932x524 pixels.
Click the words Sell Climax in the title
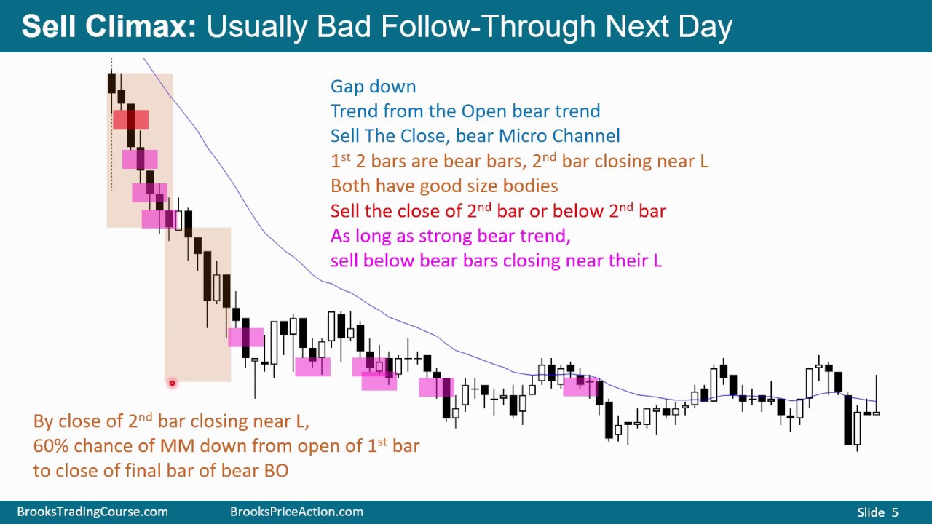[108, 27]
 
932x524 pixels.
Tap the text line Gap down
[373, 87]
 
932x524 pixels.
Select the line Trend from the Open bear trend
[465, 111]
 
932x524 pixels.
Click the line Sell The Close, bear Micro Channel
[475, 136]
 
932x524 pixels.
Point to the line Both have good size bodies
[443, 186]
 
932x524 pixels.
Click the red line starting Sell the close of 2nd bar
[497, 211]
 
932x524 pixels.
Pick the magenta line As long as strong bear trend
[450, 236]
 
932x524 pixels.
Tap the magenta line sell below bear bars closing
[495, 261]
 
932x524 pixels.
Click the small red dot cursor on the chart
[173, 383]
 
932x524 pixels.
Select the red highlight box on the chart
[131, 119]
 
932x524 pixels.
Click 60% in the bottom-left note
[51, 446]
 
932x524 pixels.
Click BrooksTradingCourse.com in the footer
[92, 512]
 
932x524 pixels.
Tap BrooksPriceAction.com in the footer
[296, 512]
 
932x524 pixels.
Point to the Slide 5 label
[877, 512]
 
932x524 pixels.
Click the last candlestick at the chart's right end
[876, 412]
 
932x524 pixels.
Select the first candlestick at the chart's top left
[111, 82]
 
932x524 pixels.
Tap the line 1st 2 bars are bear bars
[518, 162]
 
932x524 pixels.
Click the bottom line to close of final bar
[160, 471]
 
